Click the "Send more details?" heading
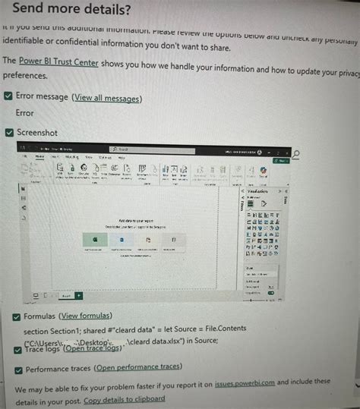pos(71,10)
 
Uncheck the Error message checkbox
pos(8,98)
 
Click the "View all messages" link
pos(106,99)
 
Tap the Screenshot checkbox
pos(8,133)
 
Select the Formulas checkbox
pos(16,316)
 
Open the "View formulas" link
pos(86,316)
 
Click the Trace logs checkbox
pos(16,349)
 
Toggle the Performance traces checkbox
pos(17,370)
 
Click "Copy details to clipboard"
pos(124,399)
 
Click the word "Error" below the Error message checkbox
pos(24,113)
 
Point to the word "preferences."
pos(26,76)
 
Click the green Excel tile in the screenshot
pos(95,239)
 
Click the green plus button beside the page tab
pos(79,295)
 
